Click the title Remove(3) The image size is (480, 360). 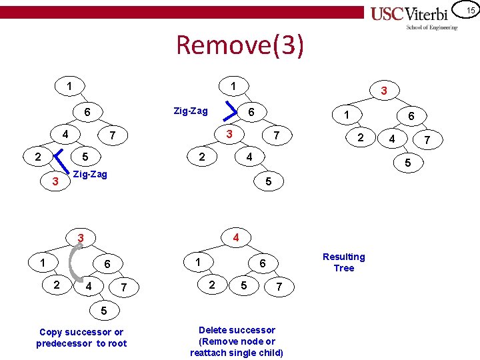240,45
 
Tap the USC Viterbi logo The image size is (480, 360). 413,14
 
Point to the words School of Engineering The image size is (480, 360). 432,28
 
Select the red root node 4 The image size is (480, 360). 235,237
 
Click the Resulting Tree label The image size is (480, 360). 343,262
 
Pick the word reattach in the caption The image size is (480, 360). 213,353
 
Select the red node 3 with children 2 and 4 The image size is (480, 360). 229,135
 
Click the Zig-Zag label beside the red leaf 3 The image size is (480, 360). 89,174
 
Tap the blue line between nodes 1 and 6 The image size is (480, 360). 231,108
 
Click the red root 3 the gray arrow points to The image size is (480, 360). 80,238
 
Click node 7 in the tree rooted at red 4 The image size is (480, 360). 279,287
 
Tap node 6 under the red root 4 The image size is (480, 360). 262,263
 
